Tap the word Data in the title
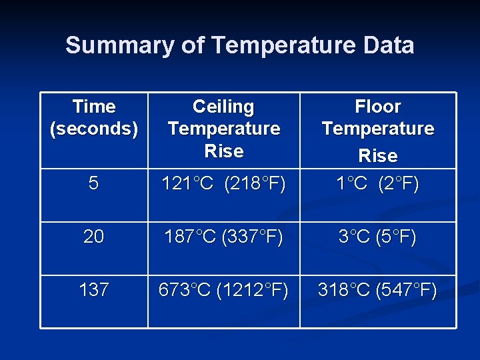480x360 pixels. pyautogui.click(x=388, y=45)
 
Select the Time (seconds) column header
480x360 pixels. pyautogui.click(x=94, y=117)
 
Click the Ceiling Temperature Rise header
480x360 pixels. pyautogui.click(x=224, y=128)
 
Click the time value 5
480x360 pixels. pyautogui.click(x=94, y=183)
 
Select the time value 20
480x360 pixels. pyautogui.click(x=94, y=237)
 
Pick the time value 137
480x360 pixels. pyautogui.click(x=94, y=290)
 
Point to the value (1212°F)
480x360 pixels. pyautogui.click(x=253, y=290)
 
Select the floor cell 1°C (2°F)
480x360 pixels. pyautogui.click(x=378, y=183)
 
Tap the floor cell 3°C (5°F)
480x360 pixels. pyautogui.click(x=378, y=237)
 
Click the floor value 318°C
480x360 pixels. pyautogui.click(x=345, y=290)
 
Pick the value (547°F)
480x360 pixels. pyautogui.click(x=407, y=290)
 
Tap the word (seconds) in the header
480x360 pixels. pyautogui.click(x=94, y=128)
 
